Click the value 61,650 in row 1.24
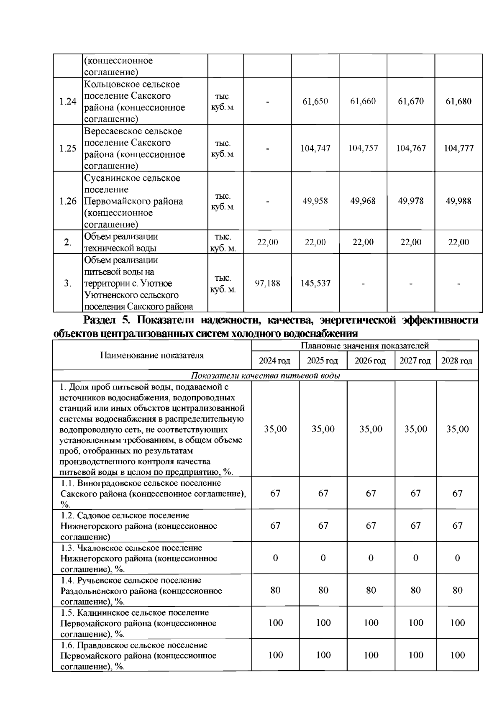315,101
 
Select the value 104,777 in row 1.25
458,148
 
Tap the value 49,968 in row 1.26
363,201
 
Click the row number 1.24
68,101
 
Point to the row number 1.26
68,201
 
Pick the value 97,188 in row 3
267,283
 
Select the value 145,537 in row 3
315,283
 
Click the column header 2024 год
274,361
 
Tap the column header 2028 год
457,361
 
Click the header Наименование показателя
152,356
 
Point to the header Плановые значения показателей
365,346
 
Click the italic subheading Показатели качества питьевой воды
266,376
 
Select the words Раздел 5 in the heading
108,320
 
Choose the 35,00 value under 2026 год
371,429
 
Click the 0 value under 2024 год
275,558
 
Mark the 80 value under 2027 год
415,590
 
